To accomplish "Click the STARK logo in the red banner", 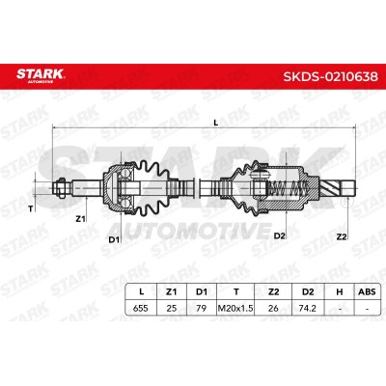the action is click(x=41, y=75).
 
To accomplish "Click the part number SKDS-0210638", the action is click(x=330, y=77).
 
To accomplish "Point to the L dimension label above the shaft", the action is click(x=216, y=123).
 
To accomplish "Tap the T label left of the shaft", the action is click(x=31, y=209).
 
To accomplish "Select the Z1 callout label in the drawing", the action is click(x=80, y=219).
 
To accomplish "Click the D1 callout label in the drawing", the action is click(x=114, y=239).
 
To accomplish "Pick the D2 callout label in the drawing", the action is click(x=280, y=235).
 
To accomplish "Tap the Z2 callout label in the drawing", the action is click(x=342, y=237).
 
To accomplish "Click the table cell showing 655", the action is click(x=141, y=308).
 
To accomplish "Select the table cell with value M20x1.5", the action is click(x=235, y=308).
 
